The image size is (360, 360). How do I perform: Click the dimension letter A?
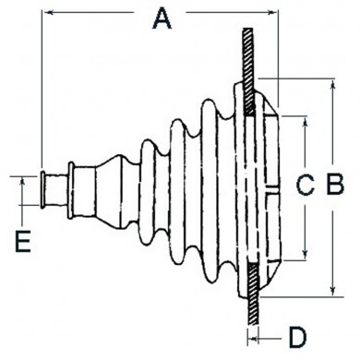tap(162, 18)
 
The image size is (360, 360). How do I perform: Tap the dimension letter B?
tap(335, 185)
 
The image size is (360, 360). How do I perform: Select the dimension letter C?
tap(305, 185)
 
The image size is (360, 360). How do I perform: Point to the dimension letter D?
tap(297, 338)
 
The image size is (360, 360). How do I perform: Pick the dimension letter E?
tap(23, 241)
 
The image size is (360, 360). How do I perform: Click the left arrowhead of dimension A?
tap(49, 12)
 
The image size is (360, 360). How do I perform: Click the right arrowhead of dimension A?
tap(271, 12)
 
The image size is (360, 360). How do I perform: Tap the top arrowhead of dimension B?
tap(332, 85)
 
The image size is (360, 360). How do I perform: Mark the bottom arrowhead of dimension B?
tap(332, 290)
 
